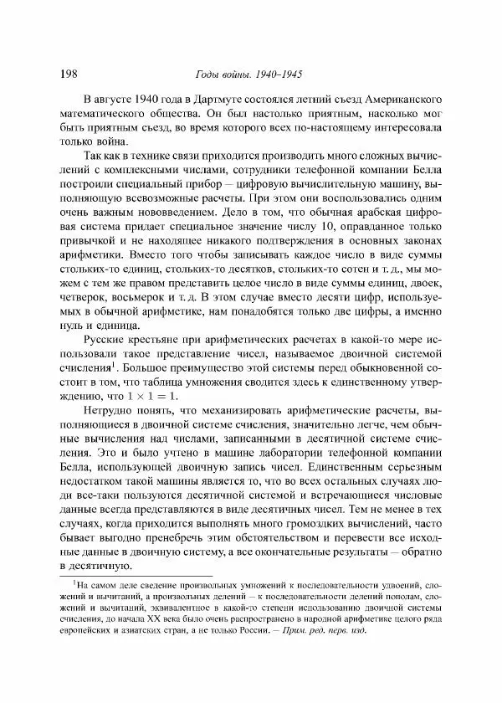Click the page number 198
click(x=71, y=72)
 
